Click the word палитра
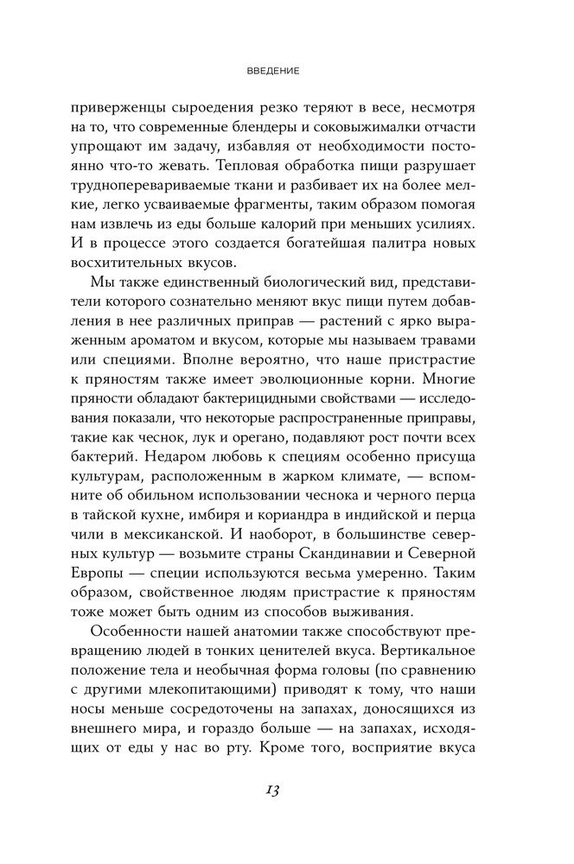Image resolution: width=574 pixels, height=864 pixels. coord(385,248)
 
